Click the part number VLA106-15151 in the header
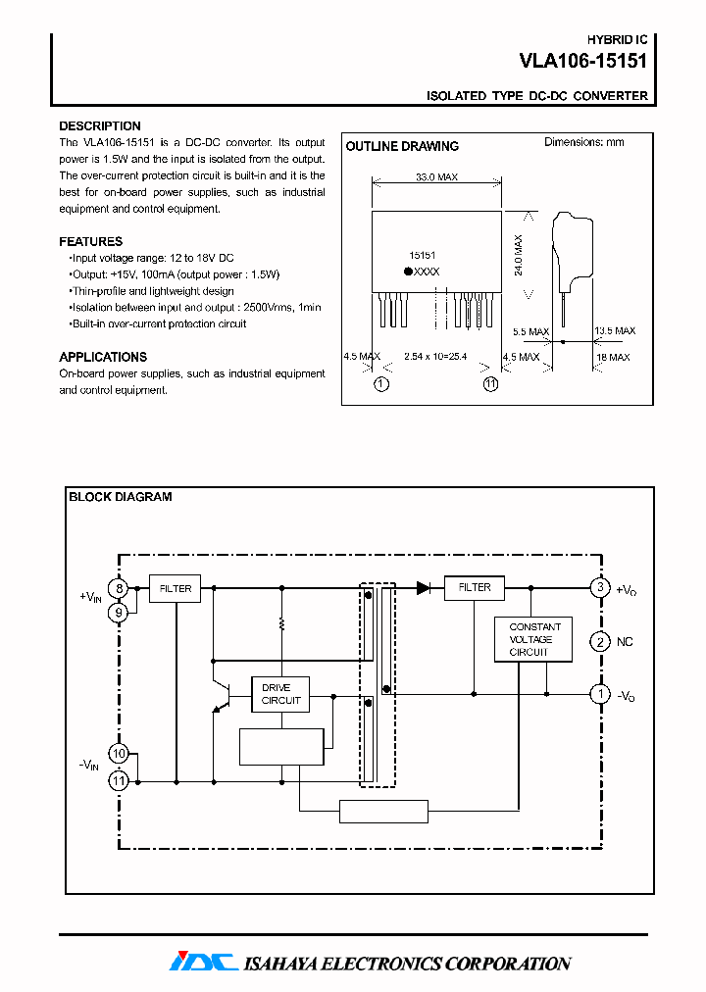click(x=582, y=61)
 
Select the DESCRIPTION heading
click(x=100, y=126)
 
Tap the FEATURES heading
click(x=91, y=241)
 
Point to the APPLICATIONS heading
click(x=103, y=357)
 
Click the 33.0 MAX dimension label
click(x=435, y=178)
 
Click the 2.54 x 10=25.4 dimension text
click(x=435, y=358)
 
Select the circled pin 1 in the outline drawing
click(x=381, y=384)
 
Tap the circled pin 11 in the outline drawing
click(x=490, y=384)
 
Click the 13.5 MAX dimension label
click(x=615, y=331)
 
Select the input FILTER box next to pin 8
click(x=176, y=588)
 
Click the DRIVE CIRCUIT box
click(x=280, y=695)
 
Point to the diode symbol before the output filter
click(x=424, y=588)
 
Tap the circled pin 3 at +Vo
click(x=599, y=588)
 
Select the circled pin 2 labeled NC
click(x=599, y=643)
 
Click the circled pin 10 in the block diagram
click(x=119, y=754)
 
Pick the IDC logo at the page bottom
click(x=203, y=963)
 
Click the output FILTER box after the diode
click(x=475, y=588)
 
